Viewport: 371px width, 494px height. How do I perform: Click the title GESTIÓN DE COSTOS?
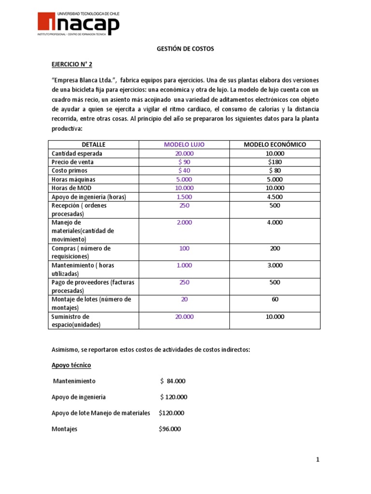tap(185, 49)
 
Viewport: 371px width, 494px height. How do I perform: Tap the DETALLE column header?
tap(93, 144)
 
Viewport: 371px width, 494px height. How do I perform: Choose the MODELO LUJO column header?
tap(184, 144)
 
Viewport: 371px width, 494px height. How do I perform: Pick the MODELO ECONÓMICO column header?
tap(274, 144)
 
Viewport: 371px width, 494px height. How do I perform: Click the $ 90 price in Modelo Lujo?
tap(184, 162)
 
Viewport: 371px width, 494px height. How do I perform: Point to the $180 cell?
tap(274, 162)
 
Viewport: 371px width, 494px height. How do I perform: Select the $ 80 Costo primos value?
tap(274, 170)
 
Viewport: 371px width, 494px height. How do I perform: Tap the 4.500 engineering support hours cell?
tap(274, 196)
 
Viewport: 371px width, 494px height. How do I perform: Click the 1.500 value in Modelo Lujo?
tap(184, 196)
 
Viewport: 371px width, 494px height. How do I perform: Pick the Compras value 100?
tap(184, 248)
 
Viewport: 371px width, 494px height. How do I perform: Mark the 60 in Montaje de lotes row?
tap(274, 299)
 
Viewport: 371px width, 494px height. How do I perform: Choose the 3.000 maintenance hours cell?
tap(274, 265)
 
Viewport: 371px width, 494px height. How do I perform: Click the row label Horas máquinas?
tap(73, 179)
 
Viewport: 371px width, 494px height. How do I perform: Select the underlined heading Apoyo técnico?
tap(71, 365)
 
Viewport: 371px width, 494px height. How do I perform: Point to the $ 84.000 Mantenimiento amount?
tap(172, 381)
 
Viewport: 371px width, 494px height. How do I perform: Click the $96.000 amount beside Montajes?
tap(170, 429)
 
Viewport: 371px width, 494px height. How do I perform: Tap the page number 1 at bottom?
tap(318, 460)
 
